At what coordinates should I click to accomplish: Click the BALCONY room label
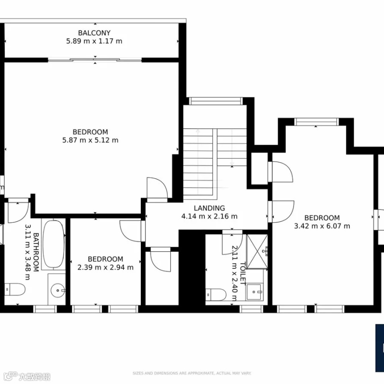pyautogui.click(x=94, y=33)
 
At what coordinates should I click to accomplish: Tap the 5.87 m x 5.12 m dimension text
pyautogui.click(x=91, y=140)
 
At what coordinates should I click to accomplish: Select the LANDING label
pyautogui.click(x=209, y=208)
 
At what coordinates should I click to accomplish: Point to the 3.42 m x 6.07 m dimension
pyautogui.click(x=322, y=226)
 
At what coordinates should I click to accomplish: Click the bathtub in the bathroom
pyautogui.click(x=54, y=244)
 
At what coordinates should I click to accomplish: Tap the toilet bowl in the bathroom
pyautogui.click(x=15, y=290)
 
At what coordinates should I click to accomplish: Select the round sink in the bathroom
pyautogui.click(x=58, y=291)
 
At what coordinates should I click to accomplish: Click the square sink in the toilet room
pyautogui.click(x=255, y=292)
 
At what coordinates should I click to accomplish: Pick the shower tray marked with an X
pyautogui.click(x=257, y=252)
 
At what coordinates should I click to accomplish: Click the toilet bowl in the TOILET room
pyautogui.click(x=216, y=294)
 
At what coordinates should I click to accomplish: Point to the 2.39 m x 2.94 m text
pyautogui.click(x=106, y=267)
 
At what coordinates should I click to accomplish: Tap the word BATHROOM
pyautogui.click(x=36, y=252)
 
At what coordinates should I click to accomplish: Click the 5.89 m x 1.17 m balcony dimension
pyautogui.click(x=94, y=41)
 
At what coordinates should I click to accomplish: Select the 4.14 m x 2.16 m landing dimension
pyautogui.click(x=209, y=216)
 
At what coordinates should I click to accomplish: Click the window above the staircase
pyautogui.click(x=216, y=101)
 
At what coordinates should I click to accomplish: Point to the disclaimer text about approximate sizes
pyautogui.click(x=192, y=373)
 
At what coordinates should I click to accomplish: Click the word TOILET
pyautogui.click(x=243, y=274)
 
